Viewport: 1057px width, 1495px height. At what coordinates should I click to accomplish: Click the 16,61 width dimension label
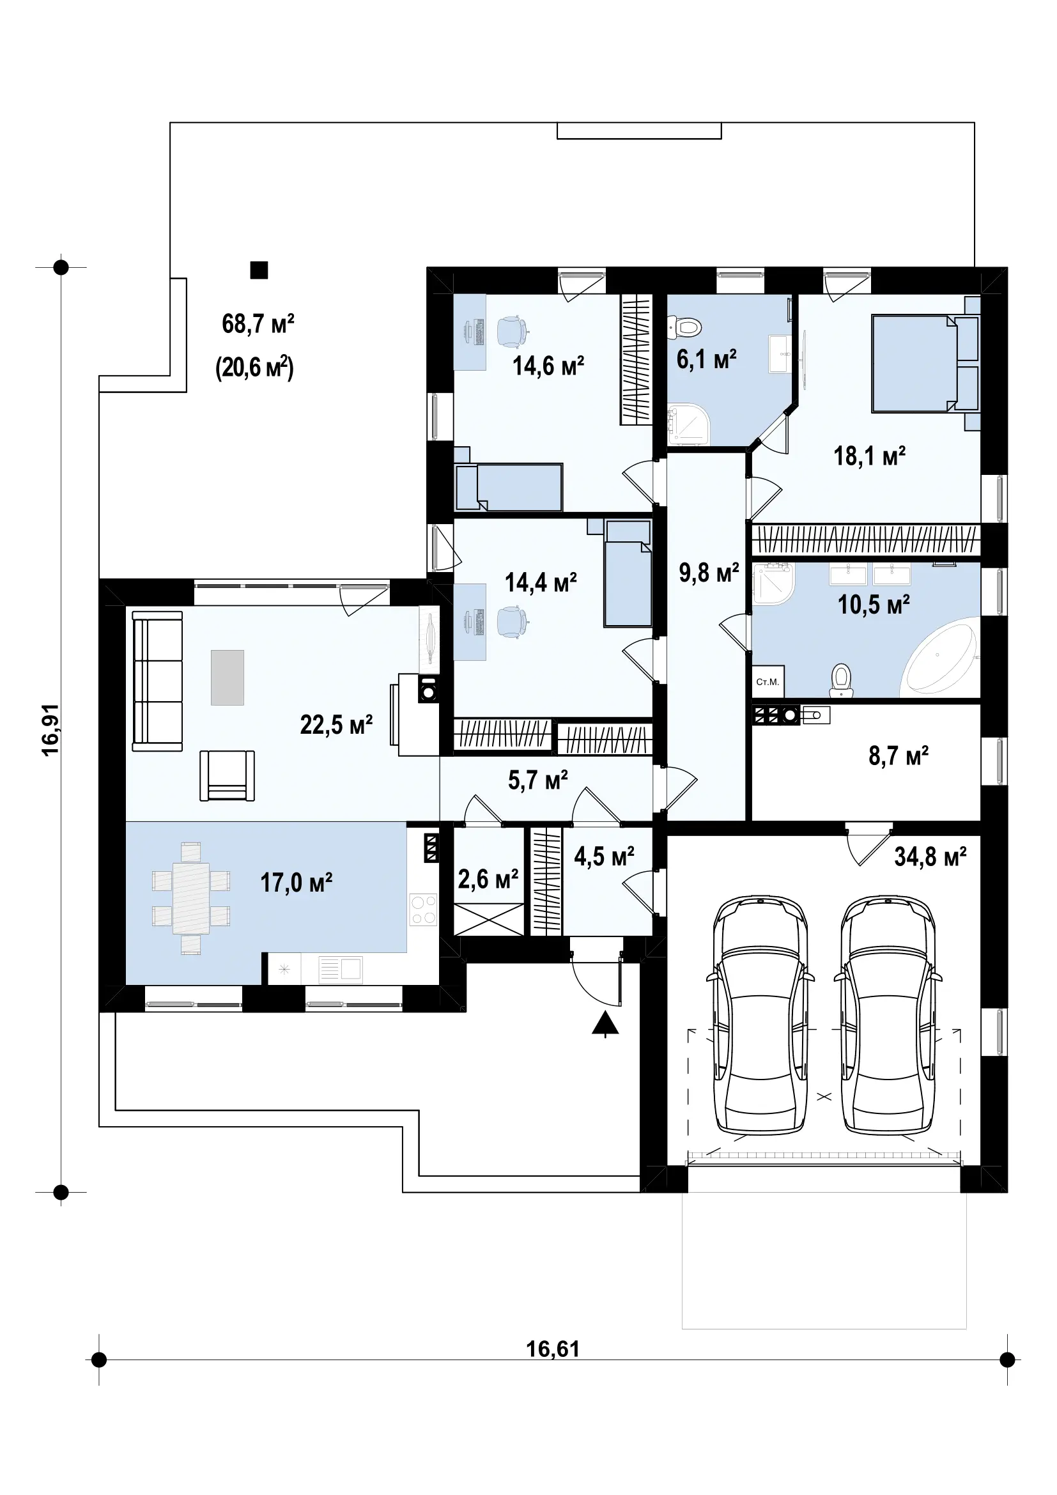(x=553, y=1349)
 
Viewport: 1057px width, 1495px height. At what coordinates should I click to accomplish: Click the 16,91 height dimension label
(x=50, y=730)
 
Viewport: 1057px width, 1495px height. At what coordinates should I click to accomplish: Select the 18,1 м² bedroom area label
(x=870, y=456)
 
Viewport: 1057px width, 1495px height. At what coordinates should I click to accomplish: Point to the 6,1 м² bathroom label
(x=706, y=359)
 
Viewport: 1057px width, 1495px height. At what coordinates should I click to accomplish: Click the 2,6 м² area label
(x=488, y=879)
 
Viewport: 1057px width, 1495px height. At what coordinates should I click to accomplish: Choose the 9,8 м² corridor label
(x=709, y=572)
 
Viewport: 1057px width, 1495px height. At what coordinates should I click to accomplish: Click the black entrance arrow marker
(x=605, y=1023)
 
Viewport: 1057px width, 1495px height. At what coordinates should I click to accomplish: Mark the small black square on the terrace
(x=259, y=270)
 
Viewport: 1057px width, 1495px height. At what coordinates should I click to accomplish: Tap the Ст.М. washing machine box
(x=768, y=682)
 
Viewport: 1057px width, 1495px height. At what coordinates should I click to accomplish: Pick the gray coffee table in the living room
(x=227, y=677)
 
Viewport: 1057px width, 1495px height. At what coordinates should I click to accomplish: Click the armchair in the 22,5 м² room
(x=227, y=775)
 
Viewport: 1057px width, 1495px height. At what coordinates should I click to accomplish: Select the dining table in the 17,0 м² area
(x=190, y=899)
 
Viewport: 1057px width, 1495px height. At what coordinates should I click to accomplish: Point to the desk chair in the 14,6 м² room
(x=513, y=331)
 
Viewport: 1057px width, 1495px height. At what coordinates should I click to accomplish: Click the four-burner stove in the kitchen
(x=424, y=910)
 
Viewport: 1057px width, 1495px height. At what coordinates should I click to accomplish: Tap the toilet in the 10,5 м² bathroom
(x=842, y=679)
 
